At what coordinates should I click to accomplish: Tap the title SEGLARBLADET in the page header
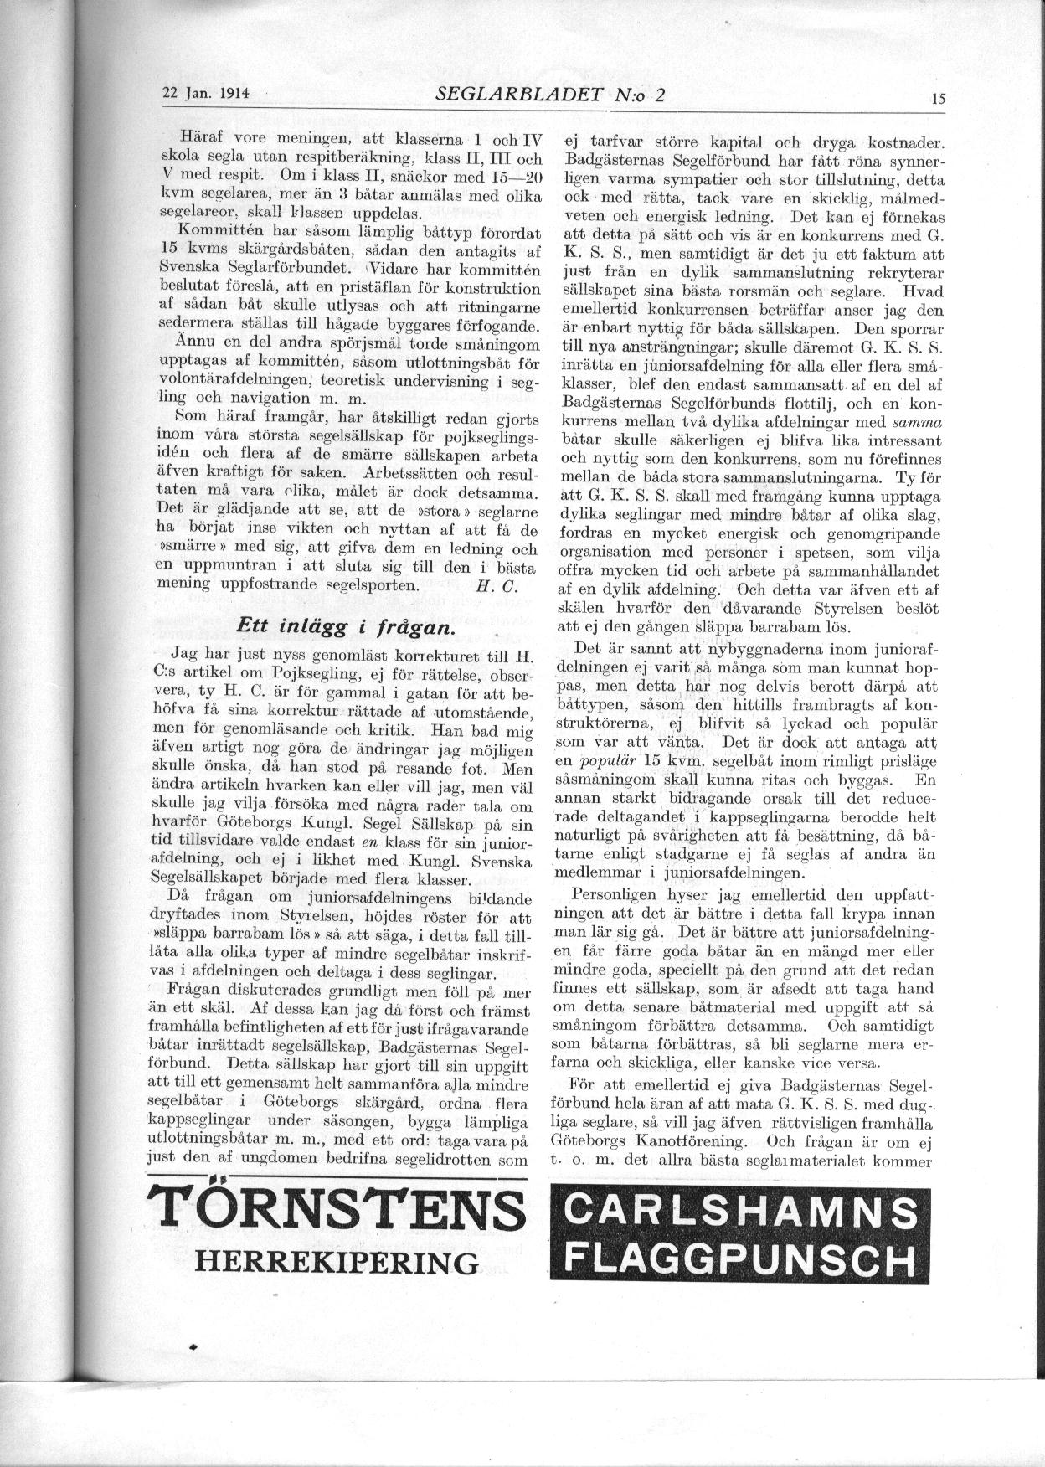518,94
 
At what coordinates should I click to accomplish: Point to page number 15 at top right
937,97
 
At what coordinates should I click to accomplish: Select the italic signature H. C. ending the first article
488,586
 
